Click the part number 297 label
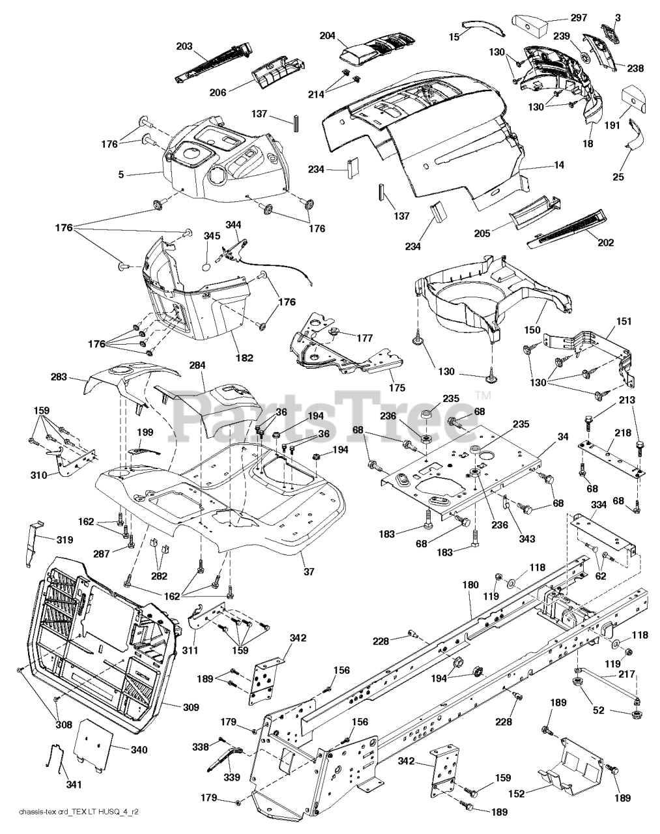(x=579, y=18)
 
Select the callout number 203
(x=185, y=46)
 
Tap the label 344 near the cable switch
(x=233, y=225)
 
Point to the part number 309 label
(x=191, y=707)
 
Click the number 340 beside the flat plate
(x=138, y=750)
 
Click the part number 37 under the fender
(x=308, y=572)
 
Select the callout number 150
(x=533, y=331)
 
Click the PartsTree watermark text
(x=326, y=417)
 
